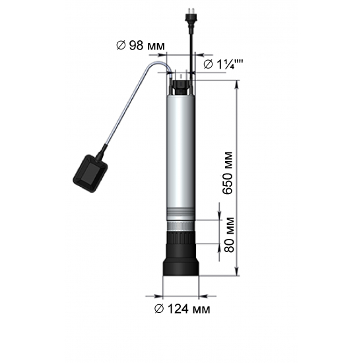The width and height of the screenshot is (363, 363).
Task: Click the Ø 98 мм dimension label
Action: coord(141,46)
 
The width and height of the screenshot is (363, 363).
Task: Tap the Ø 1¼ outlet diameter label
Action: coord(223,64)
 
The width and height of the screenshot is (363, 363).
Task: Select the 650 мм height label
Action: coord(227,173)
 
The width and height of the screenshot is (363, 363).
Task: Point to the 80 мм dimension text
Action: coord(229,234)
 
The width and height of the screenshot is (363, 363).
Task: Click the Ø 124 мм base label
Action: coord(182,309)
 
